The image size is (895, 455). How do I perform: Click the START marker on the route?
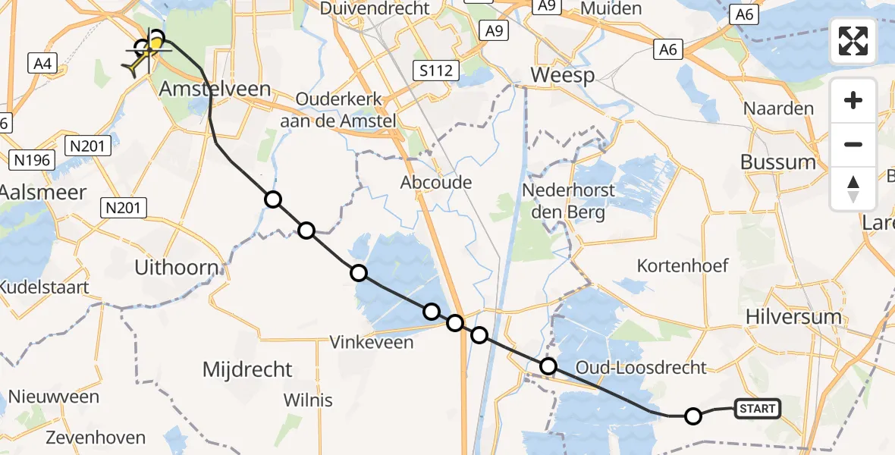pos(756,409)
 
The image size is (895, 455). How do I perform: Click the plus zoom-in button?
pos(853,101)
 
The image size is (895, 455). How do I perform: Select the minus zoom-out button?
pos(853,144)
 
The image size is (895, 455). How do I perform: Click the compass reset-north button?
pos(853,189)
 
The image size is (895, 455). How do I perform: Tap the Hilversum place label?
pos(793,317)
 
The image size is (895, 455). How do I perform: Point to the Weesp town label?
pos(562,75)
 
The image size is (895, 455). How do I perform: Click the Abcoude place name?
pos(436,182)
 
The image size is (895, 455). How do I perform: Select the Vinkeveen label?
pos(372,342)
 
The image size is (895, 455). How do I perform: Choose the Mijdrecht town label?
pos(247,370)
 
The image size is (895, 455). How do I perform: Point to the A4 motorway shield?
pos(42,64)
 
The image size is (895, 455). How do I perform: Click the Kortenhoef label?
pos(683,265)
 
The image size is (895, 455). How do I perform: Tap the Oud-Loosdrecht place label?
pos(641,368)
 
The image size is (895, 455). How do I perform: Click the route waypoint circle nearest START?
pos(693,416)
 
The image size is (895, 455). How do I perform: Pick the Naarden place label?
pos(778,108)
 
